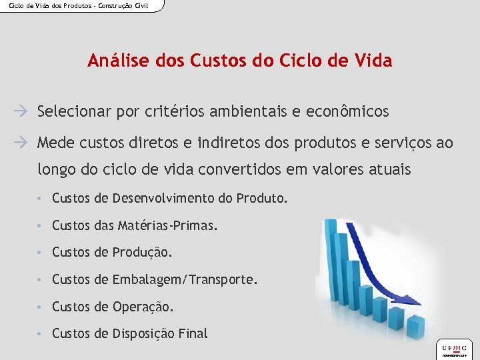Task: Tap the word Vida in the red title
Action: click(x=374, y=61)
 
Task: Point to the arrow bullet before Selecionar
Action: click(x=25, y=111)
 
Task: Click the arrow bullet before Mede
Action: click(x=25, y=143)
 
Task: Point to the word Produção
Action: click(x=143, y=253)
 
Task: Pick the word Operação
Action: click(x=143, y=307)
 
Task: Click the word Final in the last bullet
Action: click(x=193, y=333)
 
